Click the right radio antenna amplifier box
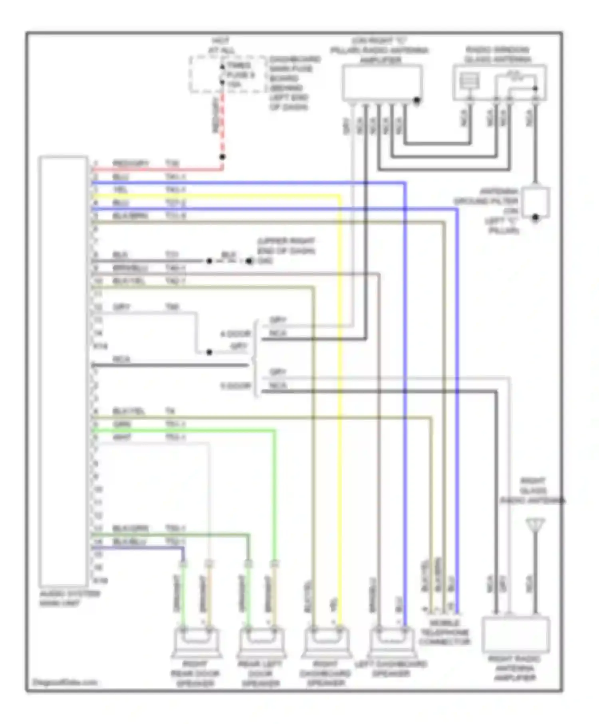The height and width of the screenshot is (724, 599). click(x=516, y=635)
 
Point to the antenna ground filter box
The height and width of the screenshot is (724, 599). click(x=536, y=203)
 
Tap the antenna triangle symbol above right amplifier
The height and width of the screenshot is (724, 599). click(x=535, y=525)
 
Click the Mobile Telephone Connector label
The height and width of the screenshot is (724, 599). click(x=444, y=633)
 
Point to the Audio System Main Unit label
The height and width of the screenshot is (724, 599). click(x=69, y=598)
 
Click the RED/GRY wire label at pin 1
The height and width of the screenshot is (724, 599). click(x=131, y=163)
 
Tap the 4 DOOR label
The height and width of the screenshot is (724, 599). click(x=235, y=334)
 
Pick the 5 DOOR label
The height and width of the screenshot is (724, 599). click(x=236, y=386)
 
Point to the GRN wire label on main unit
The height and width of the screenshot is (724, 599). click(x=122, y=424)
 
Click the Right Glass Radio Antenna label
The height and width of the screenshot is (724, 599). click(x=533, y=491)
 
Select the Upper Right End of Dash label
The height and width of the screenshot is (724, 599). click(x=286, y=246)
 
